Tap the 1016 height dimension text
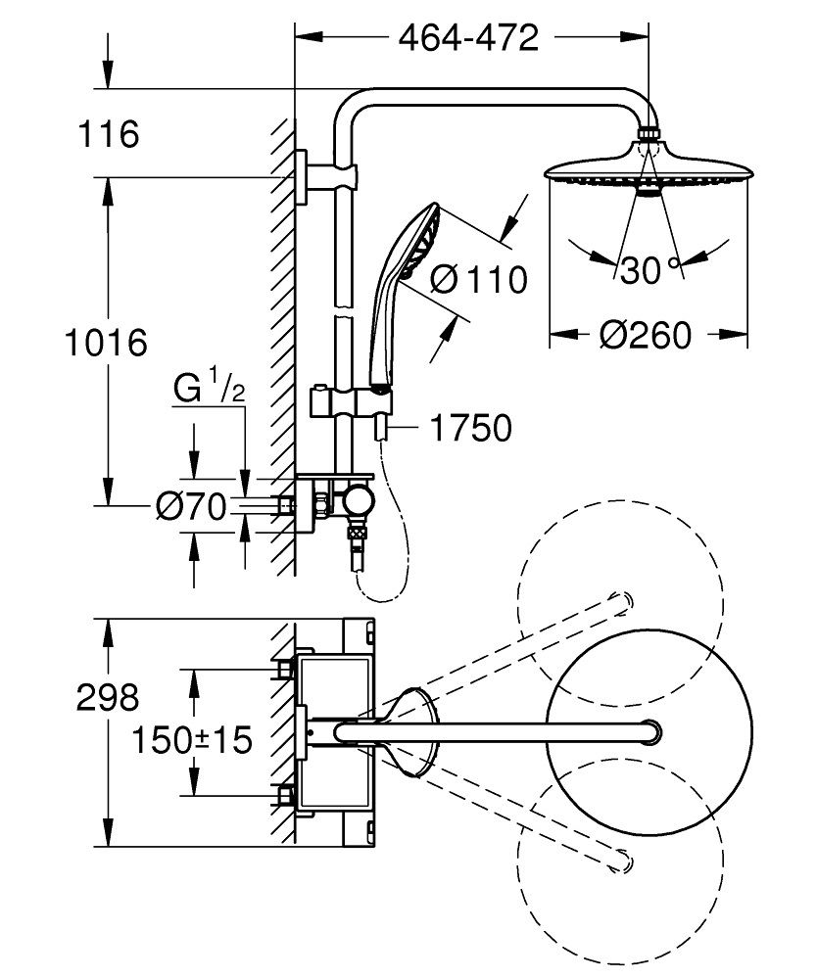(106, 343)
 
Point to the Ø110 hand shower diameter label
(478, 279)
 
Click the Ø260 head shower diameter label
(646, 335)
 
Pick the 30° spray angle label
(648, 270)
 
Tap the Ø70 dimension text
(191, 506)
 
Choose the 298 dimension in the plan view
(108, 698)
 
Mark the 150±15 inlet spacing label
(192, 739)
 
